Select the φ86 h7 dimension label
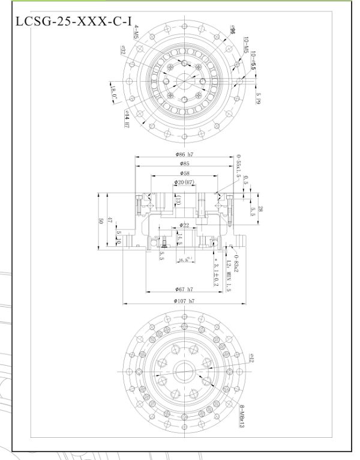pos(184,155)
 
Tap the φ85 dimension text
pos(184,163)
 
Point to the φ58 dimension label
pos(184,172)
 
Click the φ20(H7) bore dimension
pos(183,182)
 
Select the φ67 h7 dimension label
pos(184,289)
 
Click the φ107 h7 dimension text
pos(184,300)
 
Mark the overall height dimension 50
pos(100,221)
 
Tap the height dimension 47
pos(110,221)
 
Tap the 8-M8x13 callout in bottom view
pos(242,416)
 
